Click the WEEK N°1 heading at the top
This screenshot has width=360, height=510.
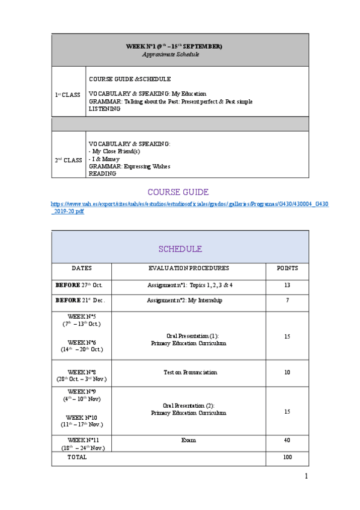[174, 46]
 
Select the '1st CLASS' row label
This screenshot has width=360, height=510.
[67, 95]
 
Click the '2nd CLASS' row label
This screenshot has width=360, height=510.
[68, 160]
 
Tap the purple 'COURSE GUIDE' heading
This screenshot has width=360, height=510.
[178, 192]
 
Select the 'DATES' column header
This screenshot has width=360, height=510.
[82, 268]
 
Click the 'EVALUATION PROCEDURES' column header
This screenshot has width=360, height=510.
[188, 268]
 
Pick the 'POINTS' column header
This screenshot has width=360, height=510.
[287, 268]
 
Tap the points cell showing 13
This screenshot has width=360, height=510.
[287, 285]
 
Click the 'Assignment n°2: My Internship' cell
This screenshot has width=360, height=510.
[185, 300]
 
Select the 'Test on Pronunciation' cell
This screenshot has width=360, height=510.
[190, 373]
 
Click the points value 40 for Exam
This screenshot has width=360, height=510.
[287, 440]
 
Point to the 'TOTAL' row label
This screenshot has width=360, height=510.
[77, 457]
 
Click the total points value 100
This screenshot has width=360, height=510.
[287, 458]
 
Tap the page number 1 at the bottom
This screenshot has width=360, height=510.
[305, 477]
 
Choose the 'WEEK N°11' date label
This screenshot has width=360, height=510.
[83, 440]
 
